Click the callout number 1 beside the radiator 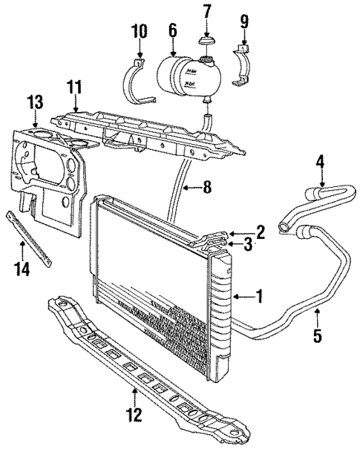click(x=260, y=298)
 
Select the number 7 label click(x=206, y=12)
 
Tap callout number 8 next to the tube click(x=208, y=188)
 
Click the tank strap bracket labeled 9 click(x=244, y=68)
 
